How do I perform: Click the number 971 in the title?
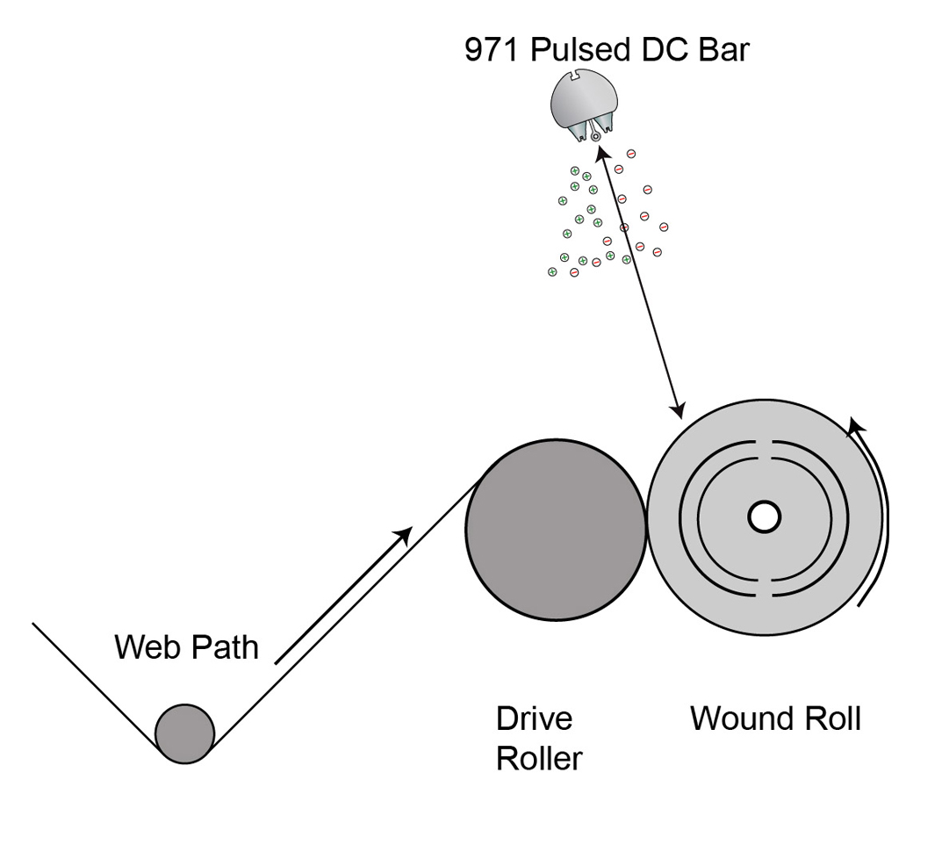coord(491,50)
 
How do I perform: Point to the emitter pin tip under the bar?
coord(596,136)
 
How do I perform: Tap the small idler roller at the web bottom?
coord(185,733)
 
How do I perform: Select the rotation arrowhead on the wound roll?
coord(855,428)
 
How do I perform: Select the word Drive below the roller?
coord(534,719)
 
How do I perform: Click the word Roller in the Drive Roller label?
coord(538,758)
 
